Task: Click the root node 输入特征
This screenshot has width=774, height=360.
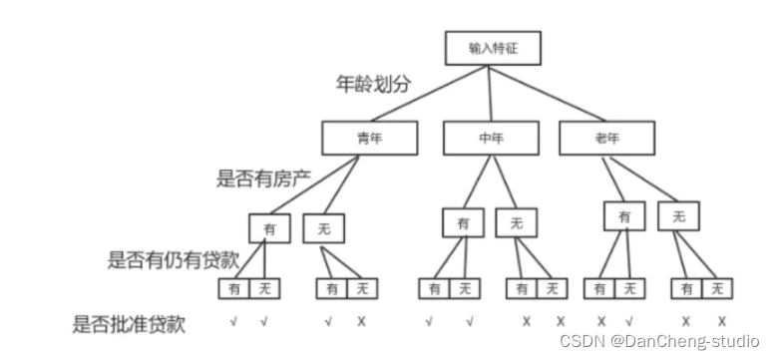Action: click(x=490, y=47)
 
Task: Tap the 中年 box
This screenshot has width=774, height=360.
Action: click(x=490, y=140)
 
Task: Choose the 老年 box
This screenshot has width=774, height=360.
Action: click(x=606, y=140)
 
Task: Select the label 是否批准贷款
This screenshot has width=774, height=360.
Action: click(x=129, y=324)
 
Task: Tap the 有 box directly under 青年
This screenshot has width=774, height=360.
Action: click(x=269, y=228)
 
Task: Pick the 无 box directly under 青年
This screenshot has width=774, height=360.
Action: click(x=323, y=228)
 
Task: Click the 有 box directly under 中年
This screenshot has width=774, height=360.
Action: click(x=463, y=223)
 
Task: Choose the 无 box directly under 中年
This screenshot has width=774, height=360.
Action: click(x=515, y=223)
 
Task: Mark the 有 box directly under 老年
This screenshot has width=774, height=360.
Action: click(x=624, y=215)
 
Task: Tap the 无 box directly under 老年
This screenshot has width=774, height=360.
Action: click(x=678, y=215)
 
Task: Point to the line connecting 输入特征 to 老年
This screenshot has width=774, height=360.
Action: click(x=549, y=92)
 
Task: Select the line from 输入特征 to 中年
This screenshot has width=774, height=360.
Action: click(x=490, y=92)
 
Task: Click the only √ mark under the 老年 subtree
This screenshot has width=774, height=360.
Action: click(x=629, y=322)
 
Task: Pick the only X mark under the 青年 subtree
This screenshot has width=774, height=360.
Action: click(x=361, y=322)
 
